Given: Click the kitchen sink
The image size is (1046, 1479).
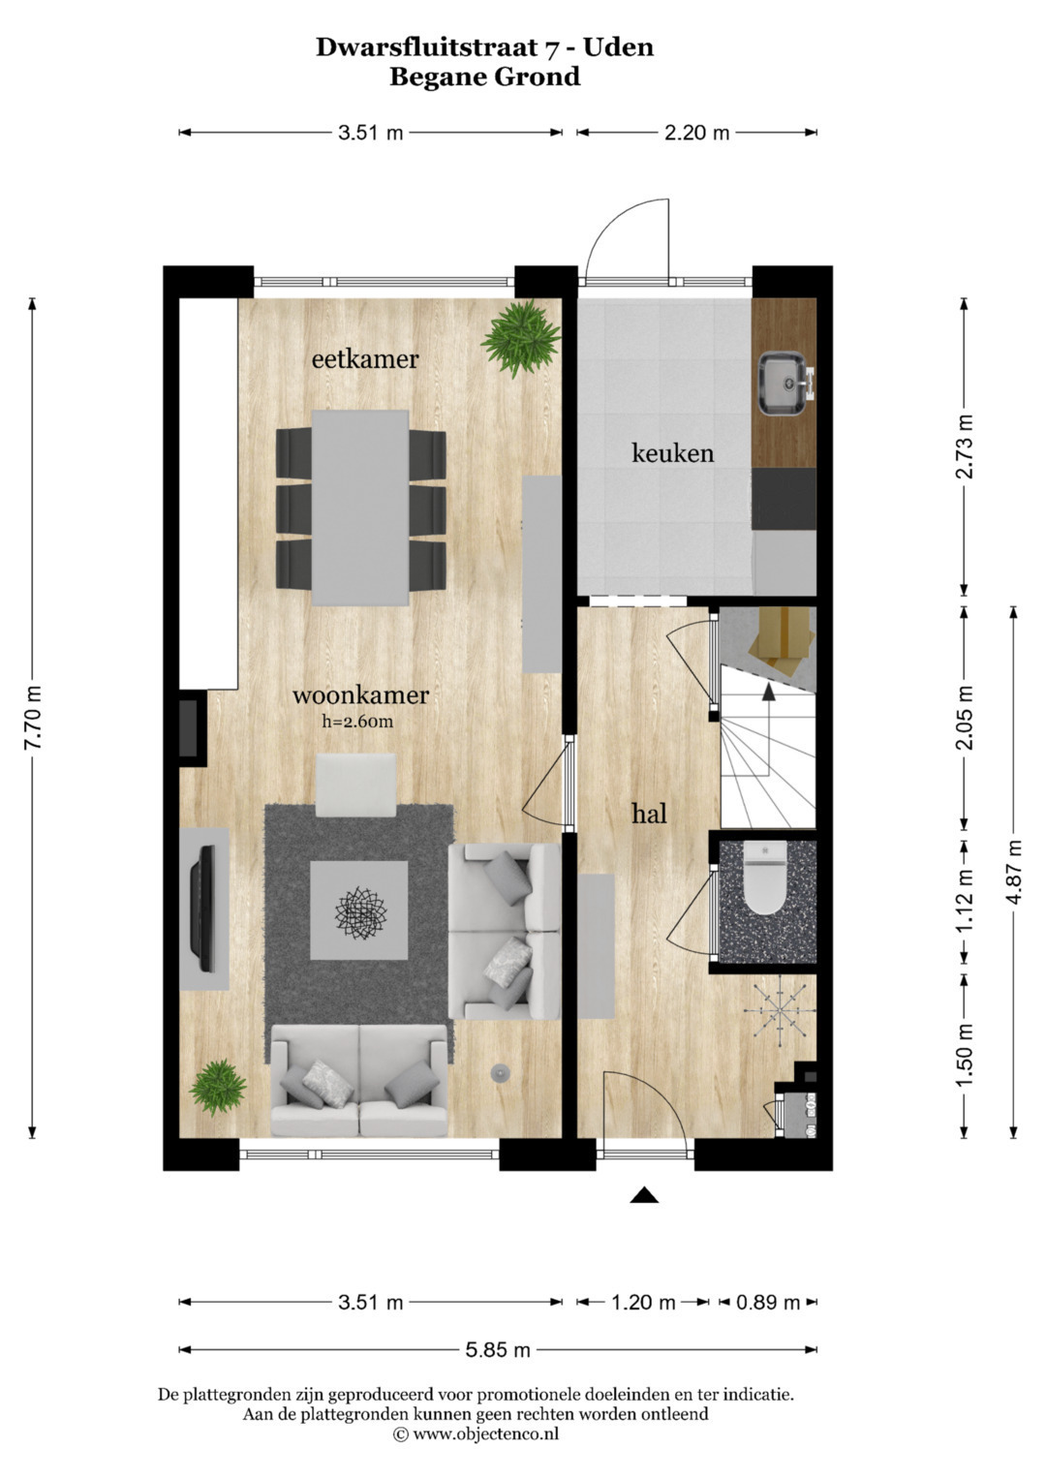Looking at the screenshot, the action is click(x=786, y=384).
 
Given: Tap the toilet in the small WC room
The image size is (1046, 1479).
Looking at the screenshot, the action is click(x=765, y=877).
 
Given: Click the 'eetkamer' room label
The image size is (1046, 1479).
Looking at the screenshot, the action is click(x=365, y=360).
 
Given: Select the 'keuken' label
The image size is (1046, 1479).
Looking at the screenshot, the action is click(x=673, y=453).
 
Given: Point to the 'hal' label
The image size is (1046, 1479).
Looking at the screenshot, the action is click(x=650, y=815).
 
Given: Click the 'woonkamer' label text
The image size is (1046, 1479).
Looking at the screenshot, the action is click(x=360, y=695).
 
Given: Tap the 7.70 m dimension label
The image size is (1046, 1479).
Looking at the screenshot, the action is click(x=33, y=718).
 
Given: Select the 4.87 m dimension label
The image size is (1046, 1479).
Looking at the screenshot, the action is click(x=1015, y=873).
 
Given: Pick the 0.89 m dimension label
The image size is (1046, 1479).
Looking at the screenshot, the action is click(x=768, y=1303).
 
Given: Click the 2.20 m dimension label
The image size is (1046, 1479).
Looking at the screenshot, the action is click(x=696, y=134).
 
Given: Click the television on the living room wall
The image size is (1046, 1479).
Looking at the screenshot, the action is click(x=203, y=909).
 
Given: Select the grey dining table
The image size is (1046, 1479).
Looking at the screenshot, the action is click(x=360, y=508).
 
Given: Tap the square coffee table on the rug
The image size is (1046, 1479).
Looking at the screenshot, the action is click(x=359, y=910).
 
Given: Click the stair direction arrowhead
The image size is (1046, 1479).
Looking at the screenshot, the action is click(x=769, y=693).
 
